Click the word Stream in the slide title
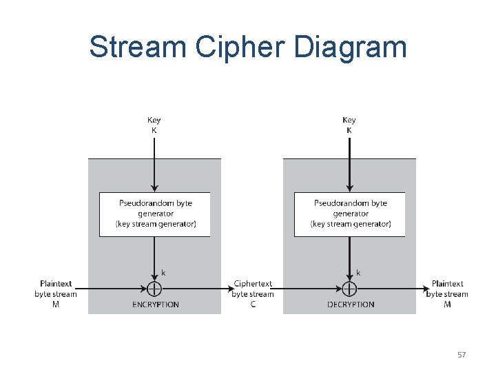click(x=138, y=48)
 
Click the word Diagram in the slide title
click(x=351, y=48)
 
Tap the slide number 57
click(x=462, y=355)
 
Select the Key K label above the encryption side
click(x=154, y=125)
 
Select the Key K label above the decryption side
click(x=349, y=125)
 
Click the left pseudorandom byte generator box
click(x=154, y=214)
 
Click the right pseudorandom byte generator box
click(x=349, y=214)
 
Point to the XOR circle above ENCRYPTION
click(x=154, y=289)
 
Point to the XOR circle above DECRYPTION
click(x=349, y=289)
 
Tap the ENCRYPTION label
click(x=156, y=304)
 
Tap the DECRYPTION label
click(x=351, y=304)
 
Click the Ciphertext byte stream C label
click(x=253, y=294)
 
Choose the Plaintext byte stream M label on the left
click(x=56, y=294)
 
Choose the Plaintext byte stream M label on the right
click(x=447, y=294)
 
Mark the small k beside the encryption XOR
click(x=163, y=273)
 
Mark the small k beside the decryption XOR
click(x=358, y=273)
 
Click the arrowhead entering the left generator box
click(x=154, y=188)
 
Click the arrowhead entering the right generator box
click(x=349, y=188)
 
